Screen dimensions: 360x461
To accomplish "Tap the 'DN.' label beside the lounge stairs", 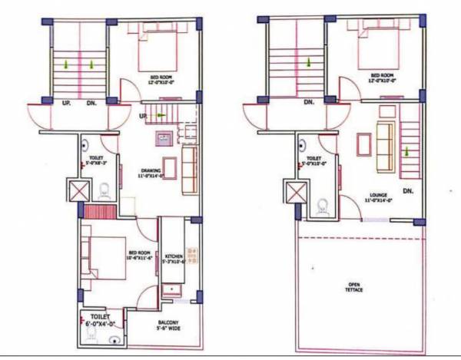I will (x=408, y=190).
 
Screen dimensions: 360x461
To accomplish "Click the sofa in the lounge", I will (x=383, y=148).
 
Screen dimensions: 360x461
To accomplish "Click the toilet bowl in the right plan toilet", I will (x=323, y=205).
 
